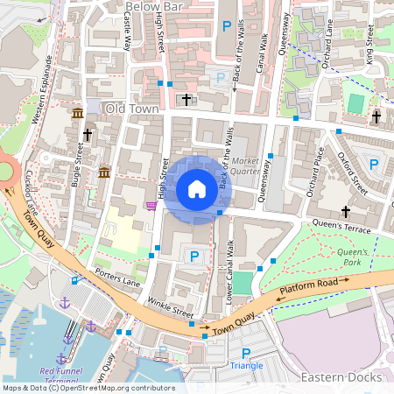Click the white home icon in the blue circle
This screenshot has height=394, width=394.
[x=197, y=188]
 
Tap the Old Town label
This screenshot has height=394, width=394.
[x=130, y=108]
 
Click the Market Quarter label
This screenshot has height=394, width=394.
[x=248, y=165]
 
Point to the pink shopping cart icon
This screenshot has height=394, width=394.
[x=151, y=206]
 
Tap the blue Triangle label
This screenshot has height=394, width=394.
[x=245, y=364]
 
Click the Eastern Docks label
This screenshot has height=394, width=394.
[x=341, y=377]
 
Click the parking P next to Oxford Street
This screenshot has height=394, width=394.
[x=375, y=164]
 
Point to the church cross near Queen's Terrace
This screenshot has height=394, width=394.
[x=346, y=212]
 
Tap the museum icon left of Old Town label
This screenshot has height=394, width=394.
[x=78, y=115]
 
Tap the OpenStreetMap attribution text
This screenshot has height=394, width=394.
[x=88, y=388]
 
